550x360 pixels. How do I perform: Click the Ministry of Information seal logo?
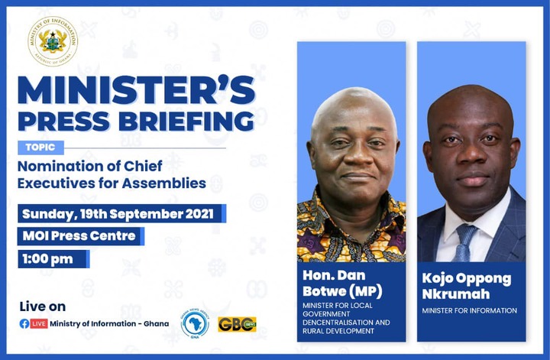coord(53,41)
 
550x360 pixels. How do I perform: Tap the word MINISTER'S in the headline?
coord(137,89)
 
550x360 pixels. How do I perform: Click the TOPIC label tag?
coord(40,148)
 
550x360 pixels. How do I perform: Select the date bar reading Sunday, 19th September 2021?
coord(121,214)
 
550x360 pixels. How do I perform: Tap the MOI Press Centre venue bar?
coord(81,236)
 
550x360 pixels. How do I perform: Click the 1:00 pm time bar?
coord(53,259)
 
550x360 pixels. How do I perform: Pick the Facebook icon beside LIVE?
coord(24,323)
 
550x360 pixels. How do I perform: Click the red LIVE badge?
coord(39,323)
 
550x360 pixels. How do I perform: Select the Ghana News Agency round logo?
coord(195,323)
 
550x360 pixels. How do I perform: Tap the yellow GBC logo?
coord(237,324)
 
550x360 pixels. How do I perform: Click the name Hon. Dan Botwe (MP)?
coord(342,283)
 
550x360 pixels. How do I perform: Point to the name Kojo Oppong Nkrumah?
coord(467,286)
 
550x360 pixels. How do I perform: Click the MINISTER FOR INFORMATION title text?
coord(469,310)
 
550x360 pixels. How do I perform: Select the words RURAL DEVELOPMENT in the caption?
coord(338,331)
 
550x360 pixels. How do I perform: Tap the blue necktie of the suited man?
coord(464,243)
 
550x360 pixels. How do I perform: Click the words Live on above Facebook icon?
coord(43,306)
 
